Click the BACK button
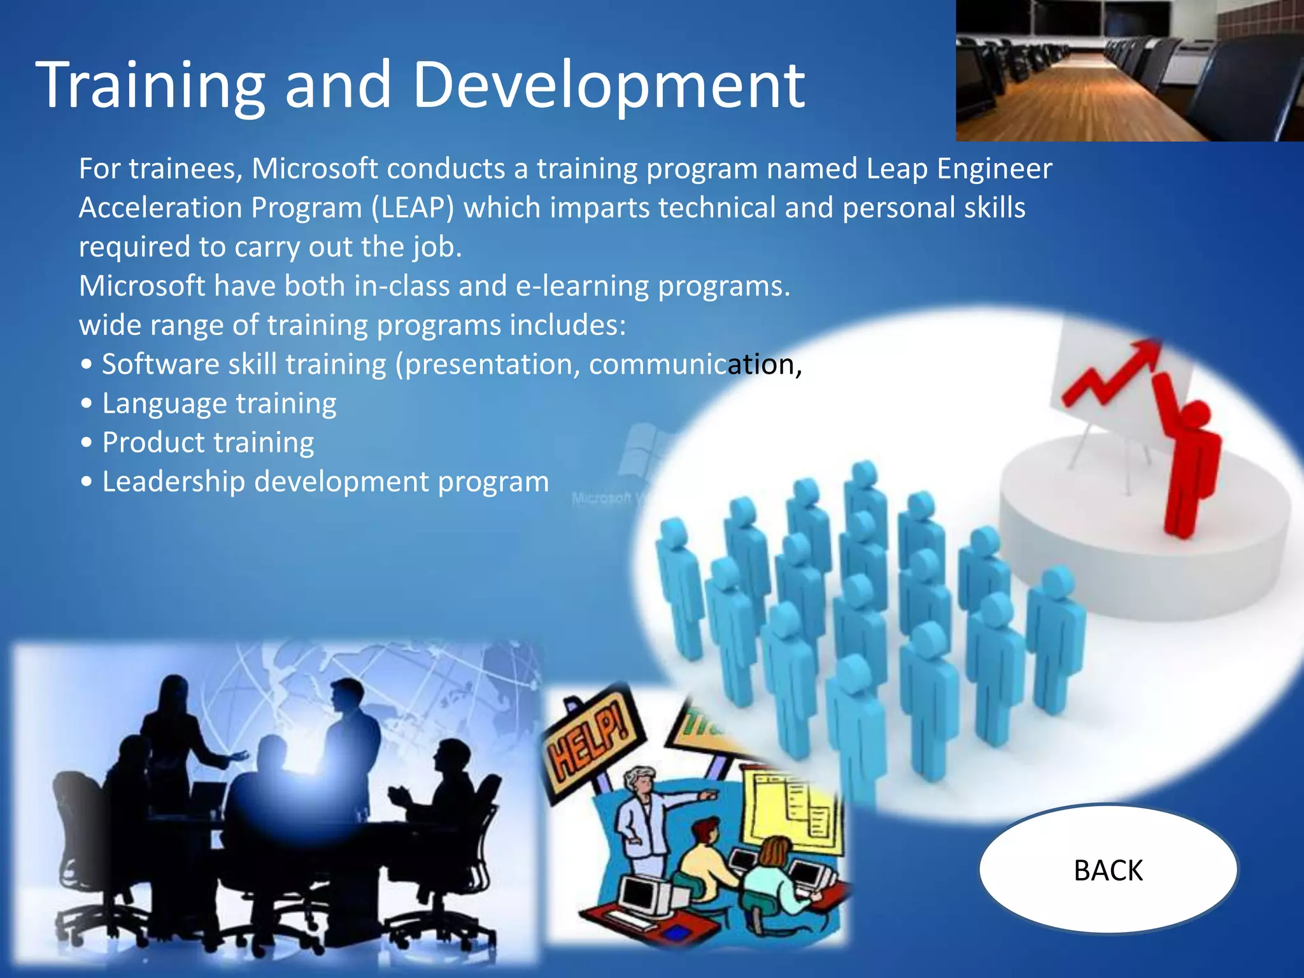click(1108, 870)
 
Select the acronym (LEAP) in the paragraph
click(413, 208)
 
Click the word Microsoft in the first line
click(315, 169)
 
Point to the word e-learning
click(582, 286)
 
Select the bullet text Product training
click(208, 443)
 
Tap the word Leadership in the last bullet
click(173, 481)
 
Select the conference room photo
click(1130, 70)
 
